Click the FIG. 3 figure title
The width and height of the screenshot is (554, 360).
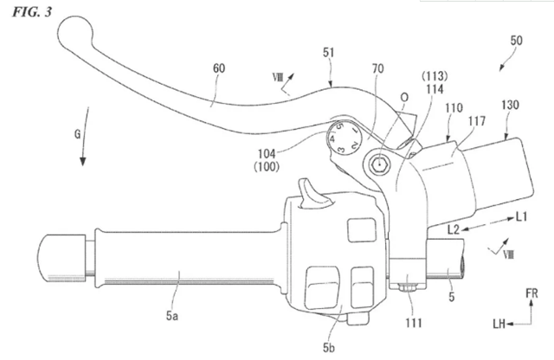(x=32, y=12)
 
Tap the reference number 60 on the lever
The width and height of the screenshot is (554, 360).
(x=219, y=68)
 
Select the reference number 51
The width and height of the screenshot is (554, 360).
(x=329, y=53)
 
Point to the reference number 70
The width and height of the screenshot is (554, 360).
(x=377, y=68)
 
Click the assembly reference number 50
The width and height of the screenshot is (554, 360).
(x=516, y=41)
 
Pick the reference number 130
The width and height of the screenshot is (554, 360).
(x=510, y=105)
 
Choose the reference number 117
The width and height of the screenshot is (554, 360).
(x=477, y=121)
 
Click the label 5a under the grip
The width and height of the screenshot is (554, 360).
(x=172, y=316)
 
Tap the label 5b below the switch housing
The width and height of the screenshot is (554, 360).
(x=329, y=348)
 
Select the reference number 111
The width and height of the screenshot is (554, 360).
(x=414, y=323)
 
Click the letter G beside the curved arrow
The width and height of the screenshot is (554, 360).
(x=77, y=134)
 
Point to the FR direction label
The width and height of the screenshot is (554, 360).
(x=531, y=293)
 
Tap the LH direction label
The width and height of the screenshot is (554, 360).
(x=499, y=324)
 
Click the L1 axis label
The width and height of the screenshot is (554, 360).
(x=521, y=216)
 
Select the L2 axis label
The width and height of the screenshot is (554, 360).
(x=454, y=230)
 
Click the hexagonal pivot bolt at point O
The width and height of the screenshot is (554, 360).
(x=379, y=164)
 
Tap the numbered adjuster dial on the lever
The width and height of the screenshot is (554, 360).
(x=344, y=138)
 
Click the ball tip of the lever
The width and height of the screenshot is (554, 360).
(x=75, y=33)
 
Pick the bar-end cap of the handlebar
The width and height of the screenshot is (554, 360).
(x=61, y=258)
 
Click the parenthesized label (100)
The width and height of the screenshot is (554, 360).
(x=267, y=166)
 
